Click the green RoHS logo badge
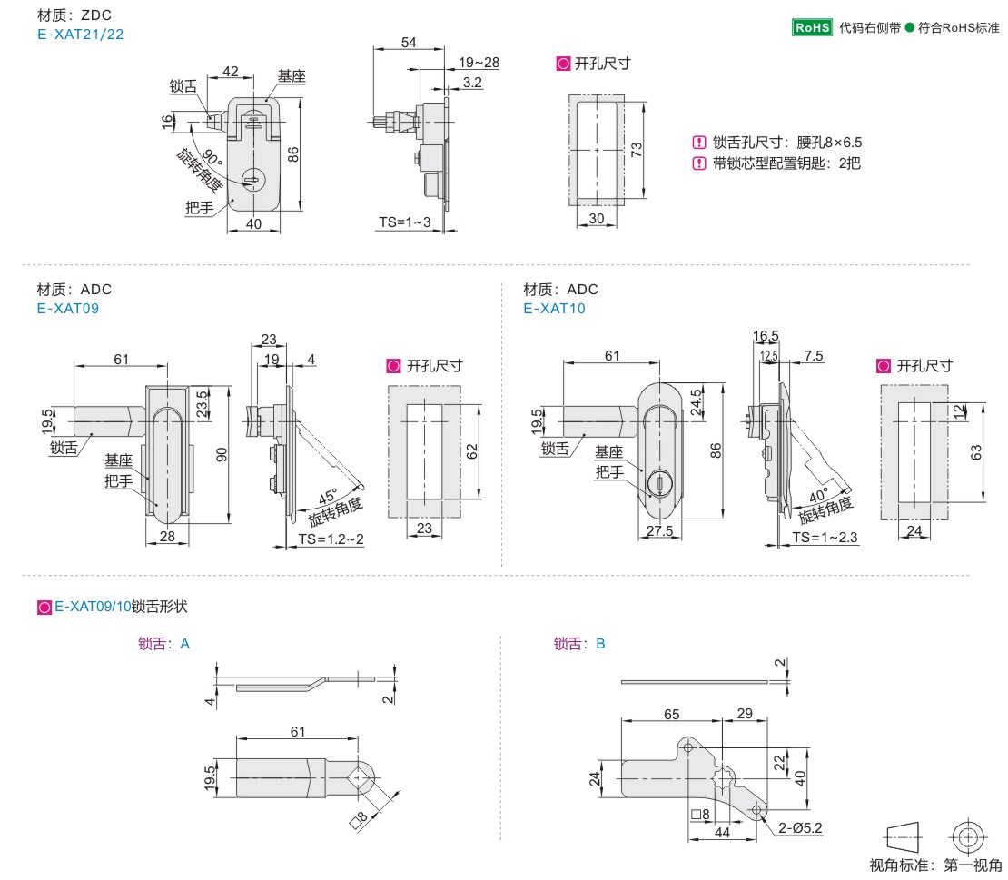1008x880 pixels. click(812, 27)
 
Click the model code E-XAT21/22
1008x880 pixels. click(80, 35)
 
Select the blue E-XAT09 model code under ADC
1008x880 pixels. click(67, 308)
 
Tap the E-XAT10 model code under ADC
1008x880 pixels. click(554, 308)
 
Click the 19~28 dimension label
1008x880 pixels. click(479, 63)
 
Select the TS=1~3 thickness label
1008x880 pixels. click(405, 222)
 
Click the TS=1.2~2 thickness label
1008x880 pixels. click(331, 539)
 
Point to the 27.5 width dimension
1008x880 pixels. click(661, 531)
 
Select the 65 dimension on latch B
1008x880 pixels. click(671, 715)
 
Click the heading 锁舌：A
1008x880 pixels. click(164, 644)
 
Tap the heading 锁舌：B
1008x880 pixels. click(579, 644)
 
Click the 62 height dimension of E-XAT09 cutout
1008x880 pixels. click(471, 450)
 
